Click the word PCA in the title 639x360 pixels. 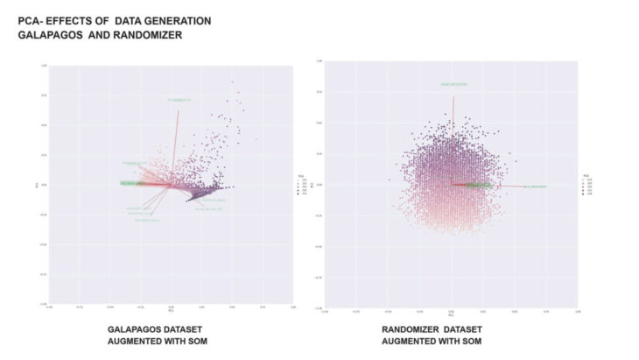32,19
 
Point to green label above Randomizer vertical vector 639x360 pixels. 453,84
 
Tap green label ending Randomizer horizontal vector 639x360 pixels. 535,187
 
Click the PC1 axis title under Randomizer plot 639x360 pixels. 451,313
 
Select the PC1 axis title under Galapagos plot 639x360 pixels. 170,310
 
